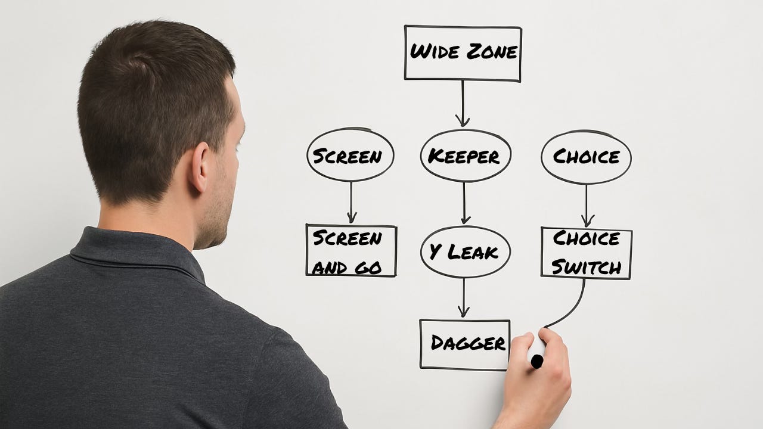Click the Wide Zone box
463,53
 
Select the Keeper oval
465,156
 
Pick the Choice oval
586,157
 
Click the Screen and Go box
351,250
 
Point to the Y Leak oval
465,251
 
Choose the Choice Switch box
586,253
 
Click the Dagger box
465,344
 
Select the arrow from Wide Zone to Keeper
462,104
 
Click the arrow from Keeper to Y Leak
464,203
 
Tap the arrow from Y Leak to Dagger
464,298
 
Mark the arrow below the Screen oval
351,203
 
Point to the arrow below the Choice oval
586,206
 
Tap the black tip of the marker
537,361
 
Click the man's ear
199,167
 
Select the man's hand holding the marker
539,375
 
